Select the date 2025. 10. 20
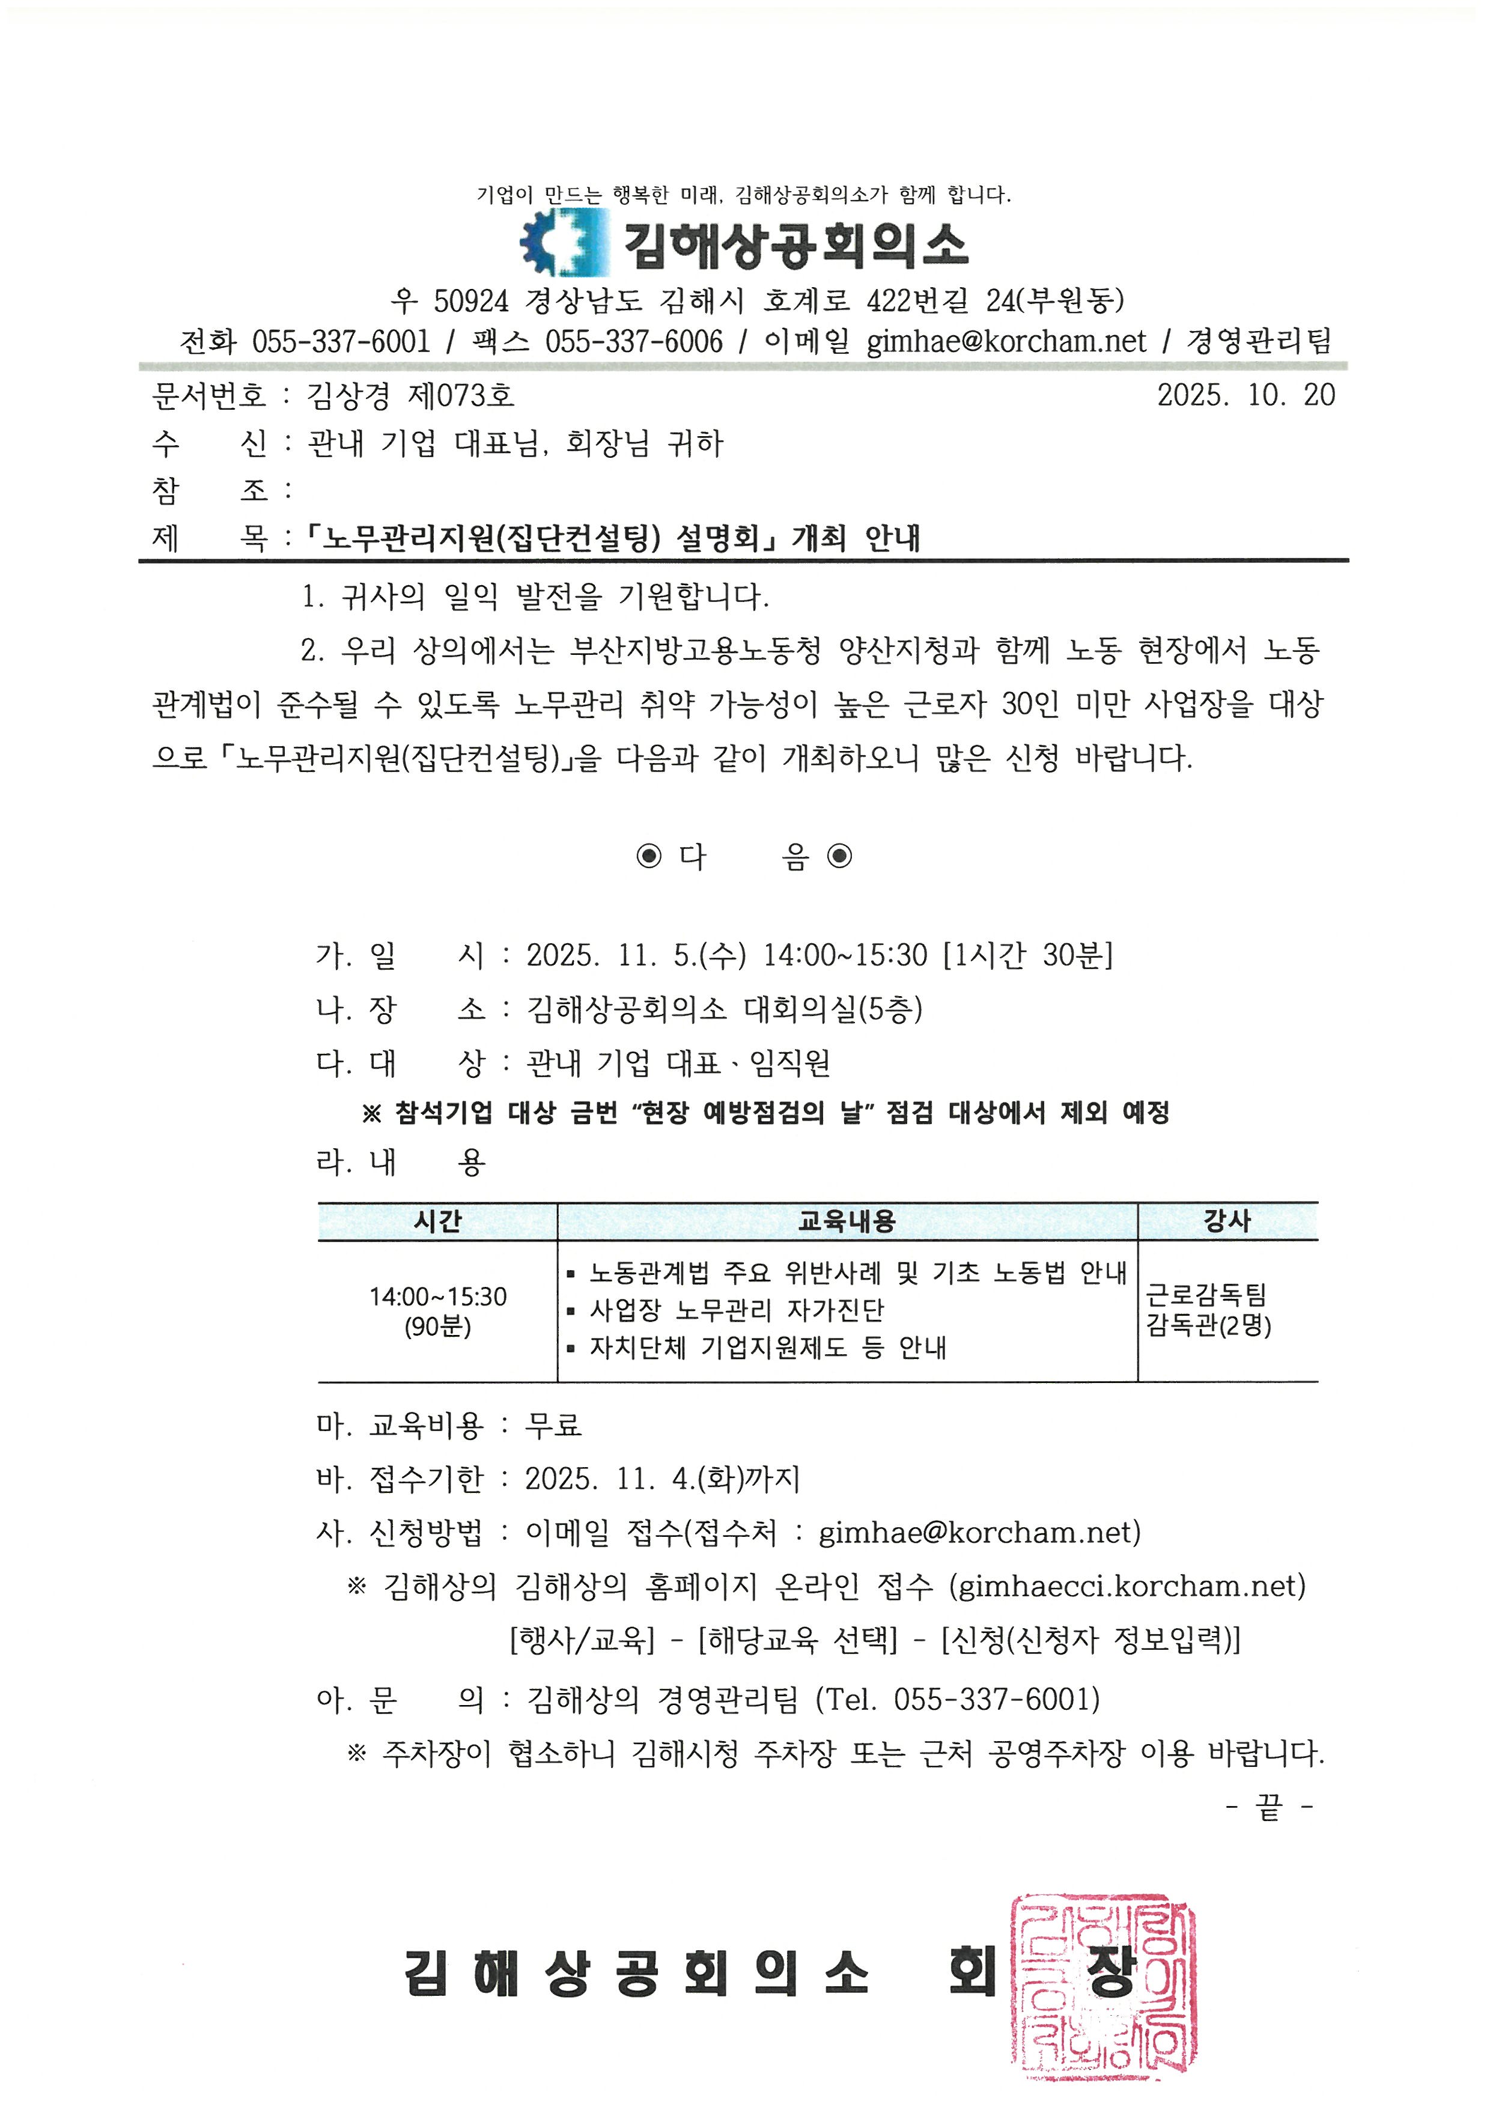click(x=1245, y=395)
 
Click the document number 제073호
click(x=461, y=395)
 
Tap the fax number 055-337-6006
click(x=633, y=341)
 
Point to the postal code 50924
click(x=470, y=300)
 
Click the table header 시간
click(x=437, y=1220)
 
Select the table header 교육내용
click(x=846, y=1220)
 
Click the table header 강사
click(x=1227, y=1220)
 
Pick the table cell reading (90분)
click(x=437, y=1327)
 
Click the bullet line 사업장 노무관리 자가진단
click(x=736, y=1310)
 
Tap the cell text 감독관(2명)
click(x=1208, y=1326)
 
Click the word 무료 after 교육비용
click(x=553, y=1425)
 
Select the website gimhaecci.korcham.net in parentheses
click(x=1127, y=1586)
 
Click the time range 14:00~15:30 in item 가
click(x=845, y=955)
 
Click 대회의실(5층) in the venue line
click(x=833, y=1009)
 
